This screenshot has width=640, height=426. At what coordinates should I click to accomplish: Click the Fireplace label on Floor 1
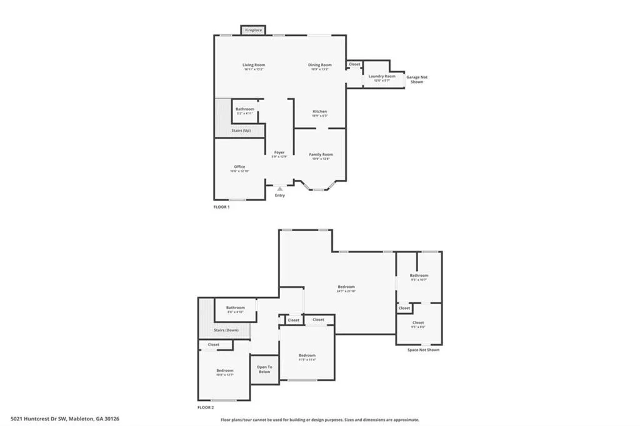[253, 30]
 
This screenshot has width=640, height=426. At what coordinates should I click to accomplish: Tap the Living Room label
[254, 65]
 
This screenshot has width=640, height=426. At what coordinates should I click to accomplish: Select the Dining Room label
[319, 65]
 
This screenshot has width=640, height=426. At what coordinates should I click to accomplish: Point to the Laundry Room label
[381, 76]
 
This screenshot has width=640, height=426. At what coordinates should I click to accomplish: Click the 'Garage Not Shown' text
[417, 79]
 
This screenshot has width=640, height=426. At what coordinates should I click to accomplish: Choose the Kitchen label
[319, 112]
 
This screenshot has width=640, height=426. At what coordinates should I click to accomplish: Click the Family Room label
[321, 154]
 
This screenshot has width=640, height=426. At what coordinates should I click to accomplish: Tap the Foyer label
[279, 152]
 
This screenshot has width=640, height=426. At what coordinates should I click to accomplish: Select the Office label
[239, 167]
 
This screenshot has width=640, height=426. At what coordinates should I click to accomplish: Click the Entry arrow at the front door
[279, 187]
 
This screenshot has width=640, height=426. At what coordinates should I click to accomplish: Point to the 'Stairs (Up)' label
[241, 131]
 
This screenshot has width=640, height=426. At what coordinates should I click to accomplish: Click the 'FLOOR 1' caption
[221, 207]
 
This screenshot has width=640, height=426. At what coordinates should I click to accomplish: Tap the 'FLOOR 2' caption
[206, 407]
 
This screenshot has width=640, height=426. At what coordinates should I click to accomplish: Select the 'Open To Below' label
[264, 369]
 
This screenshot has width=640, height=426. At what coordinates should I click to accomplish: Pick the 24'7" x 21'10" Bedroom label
[346, 287]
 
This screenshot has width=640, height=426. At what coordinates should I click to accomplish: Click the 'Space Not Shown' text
[423, 350]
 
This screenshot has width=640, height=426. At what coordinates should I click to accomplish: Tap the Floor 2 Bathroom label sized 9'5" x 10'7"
[419, 275]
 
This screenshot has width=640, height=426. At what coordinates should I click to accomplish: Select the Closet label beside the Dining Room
[354, 64]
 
